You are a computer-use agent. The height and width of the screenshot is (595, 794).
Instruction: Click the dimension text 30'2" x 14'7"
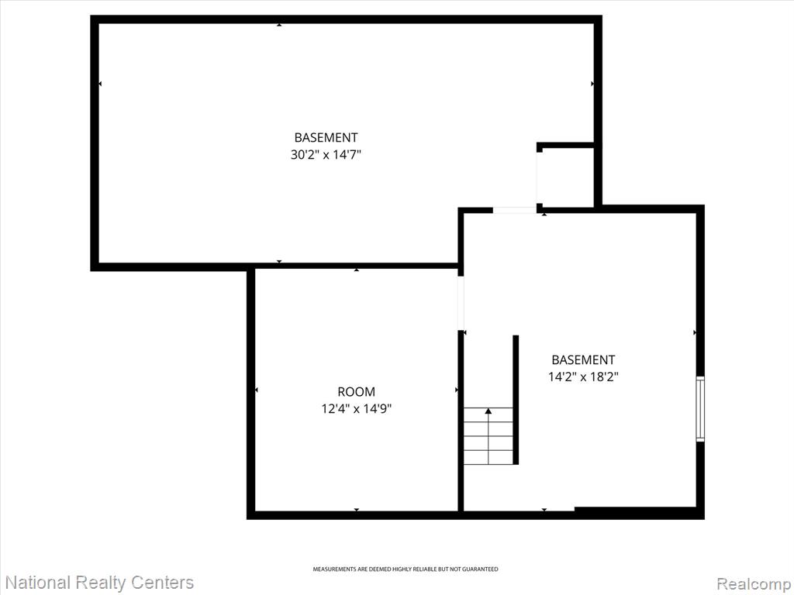pos(326,154)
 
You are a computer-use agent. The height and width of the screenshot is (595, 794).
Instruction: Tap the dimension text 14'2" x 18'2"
pos(583,377)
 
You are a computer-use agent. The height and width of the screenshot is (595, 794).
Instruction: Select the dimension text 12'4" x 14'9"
pos(357,408)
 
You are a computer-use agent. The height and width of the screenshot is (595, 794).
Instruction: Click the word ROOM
pos(357,391)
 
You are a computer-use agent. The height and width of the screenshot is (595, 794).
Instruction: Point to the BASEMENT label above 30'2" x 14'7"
pos(326,137)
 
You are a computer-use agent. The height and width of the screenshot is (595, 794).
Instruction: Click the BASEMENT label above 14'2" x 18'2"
pos(583,359)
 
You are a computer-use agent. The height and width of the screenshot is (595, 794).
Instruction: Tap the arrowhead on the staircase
pos(488,411)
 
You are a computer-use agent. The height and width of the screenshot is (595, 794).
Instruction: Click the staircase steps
pos(488,435)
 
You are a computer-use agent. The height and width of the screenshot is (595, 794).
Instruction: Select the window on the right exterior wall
pos(700,409)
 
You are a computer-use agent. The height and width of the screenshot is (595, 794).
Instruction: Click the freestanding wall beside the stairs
pos(516,400)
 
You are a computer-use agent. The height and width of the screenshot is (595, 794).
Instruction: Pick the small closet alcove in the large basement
pos(565,177)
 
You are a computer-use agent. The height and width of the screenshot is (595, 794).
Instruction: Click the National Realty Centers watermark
pos(98,583)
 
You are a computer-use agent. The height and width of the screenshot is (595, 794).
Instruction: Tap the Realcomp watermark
pos(754,584)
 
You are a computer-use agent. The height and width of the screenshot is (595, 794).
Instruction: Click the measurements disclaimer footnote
pos(405,569)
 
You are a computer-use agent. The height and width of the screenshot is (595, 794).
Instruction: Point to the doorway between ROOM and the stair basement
pos(461,304)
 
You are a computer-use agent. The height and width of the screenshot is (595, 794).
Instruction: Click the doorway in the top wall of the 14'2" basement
pos(515,210)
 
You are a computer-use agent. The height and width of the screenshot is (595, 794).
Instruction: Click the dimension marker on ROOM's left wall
pos(256,390)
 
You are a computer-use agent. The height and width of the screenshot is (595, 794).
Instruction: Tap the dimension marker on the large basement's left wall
pos(100,84)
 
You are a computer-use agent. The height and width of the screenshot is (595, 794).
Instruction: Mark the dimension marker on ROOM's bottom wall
pos(357,510)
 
